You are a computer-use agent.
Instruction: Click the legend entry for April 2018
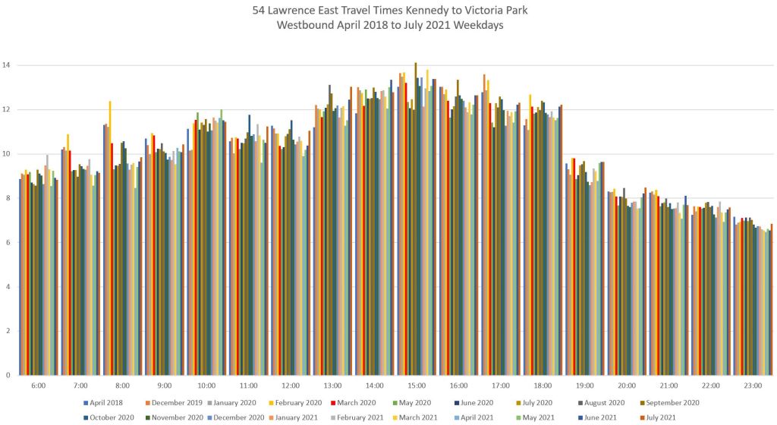tap(103, 402)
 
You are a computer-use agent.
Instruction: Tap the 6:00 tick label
tap(39, 386)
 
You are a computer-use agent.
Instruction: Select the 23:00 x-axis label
tap(753, 386)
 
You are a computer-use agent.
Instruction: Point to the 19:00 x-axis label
tap(585, 386)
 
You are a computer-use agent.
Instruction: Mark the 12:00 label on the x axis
tap(291, 386)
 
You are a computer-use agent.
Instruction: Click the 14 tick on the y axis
tap(8, 65)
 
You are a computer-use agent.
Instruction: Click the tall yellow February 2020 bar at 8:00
tap(110, 238)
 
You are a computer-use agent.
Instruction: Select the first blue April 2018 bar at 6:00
tap(20, 276)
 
